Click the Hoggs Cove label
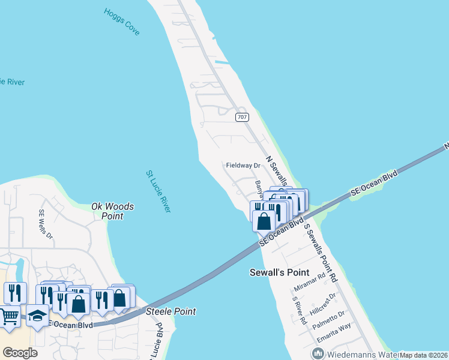pos(121,21)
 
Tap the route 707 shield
pos(241,118)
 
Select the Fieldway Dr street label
pos(243,165)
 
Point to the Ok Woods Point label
pos(112,211)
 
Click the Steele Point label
pos(171,312)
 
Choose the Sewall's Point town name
pos(279,272)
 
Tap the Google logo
pos(20,353)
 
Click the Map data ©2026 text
pos(423,355)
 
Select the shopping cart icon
pos(8,316)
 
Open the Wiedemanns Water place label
pos(354,354)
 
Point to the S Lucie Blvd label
pos(160,339)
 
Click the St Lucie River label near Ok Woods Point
pos(158,191)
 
